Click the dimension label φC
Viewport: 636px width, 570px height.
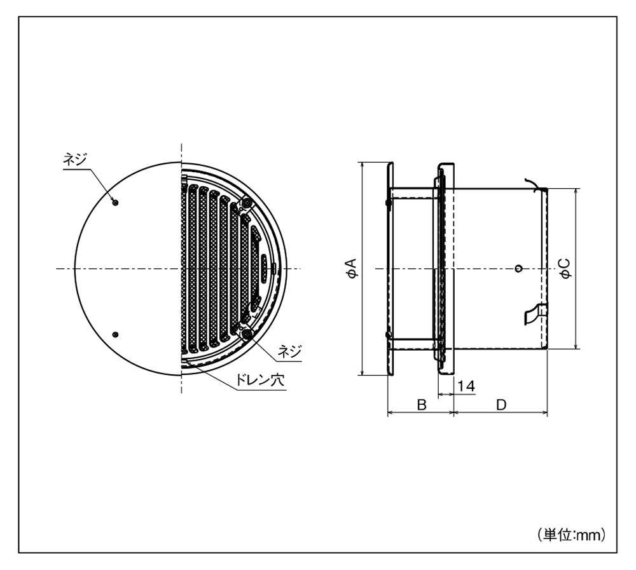pyautogui.click(x=565, y=268)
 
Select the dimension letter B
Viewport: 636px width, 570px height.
pyautogui.click(x=422, y=404)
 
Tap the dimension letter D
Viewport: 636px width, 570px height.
pyautogui.click(x=501, y=404)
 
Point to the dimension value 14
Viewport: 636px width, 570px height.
pyautogui.click(x=466, y=386)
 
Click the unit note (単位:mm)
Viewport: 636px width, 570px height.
pyautogui.click(x=572, y=534)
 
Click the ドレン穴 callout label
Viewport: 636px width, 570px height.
pyautogui.click(x=260, y=380)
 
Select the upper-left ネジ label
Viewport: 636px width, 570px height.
pyautogui.click(x=74, y=159)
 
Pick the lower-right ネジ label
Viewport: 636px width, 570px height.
pyautogui.click(x=289, y=351)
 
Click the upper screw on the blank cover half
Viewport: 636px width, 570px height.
pyautogui.click(x=115, y=202)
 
